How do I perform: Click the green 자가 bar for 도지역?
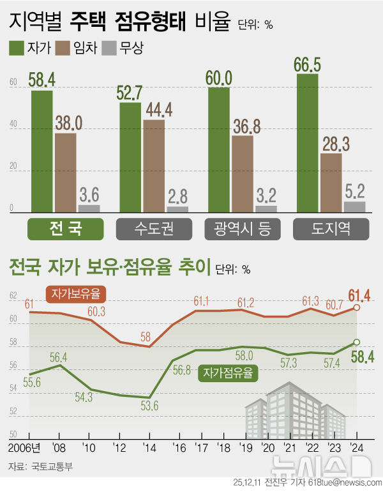click(307, 143)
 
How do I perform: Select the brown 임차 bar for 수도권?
click(154, 166)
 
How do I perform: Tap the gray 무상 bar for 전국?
click(89, 208)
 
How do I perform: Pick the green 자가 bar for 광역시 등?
click(219, 150)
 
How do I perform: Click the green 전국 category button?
click(66, 228)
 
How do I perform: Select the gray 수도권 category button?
click(154, 228)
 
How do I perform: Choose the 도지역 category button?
click(330, 228)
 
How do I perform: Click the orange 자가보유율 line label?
click(77, 294)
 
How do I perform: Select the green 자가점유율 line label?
click(228, 372)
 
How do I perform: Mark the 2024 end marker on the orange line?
click(357, 308)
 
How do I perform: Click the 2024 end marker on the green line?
click(357, 342)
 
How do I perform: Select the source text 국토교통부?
click(52, 467)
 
